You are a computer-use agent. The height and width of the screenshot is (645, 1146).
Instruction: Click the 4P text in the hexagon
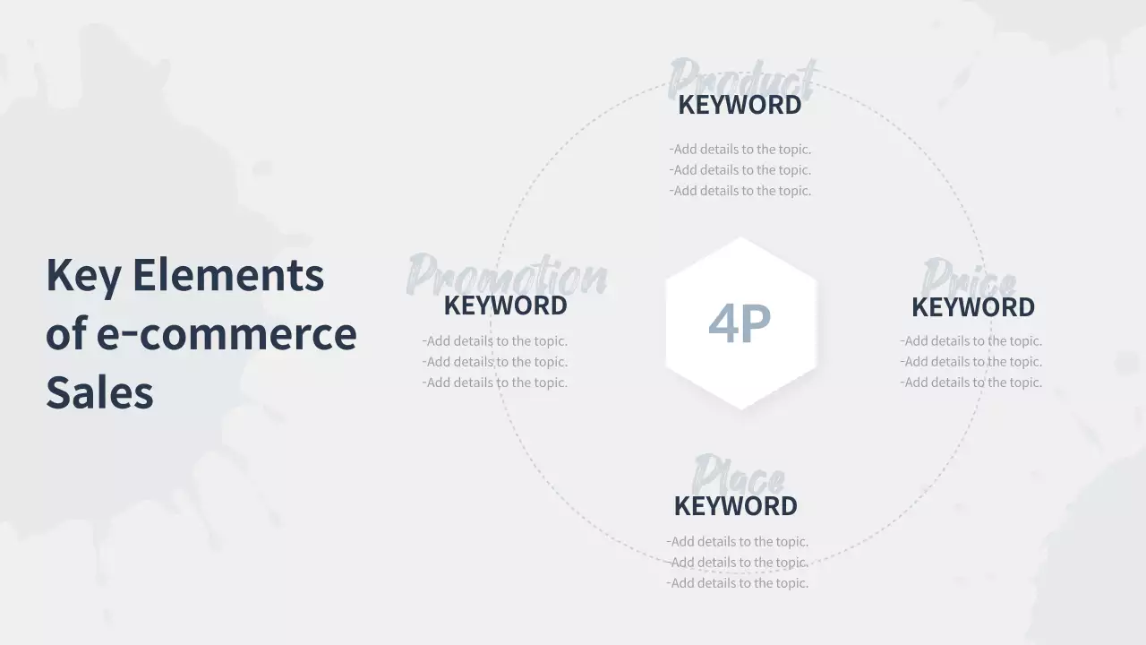(739, 323)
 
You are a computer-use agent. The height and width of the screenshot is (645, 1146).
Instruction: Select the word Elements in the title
(228, 274)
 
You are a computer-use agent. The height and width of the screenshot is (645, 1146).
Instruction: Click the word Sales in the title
(99, 392)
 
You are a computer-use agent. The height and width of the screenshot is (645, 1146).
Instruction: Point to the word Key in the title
(82, 276)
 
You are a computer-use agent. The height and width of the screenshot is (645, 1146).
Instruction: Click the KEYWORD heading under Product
(740, 105)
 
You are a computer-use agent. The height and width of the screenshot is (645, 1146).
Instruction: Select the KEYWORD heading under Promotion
(505, 305)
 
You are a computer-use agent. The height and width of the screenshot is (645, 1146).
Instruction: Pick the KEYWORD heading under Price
(972, 307)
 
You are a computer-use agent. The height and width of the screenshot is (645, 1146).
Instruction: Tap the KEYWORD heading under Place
(735, 506)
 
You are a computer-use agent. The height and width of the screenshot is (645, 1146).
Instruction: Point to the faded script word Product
(742, 77)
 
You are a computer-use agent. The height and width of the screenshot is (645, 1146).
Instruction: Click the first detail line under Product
(740, 150)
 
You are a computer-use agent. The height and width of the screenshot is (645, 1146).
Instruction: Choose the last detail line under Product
(740, 191)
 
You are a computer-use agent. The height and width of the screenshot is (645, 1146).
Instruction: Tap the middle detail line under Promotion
(494, 362)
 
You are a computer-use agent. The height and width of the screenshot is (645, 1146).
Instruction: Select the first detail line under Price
(971, 341)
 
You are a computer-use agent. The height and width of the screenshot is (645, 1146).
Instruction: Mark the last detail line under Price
(971, 383)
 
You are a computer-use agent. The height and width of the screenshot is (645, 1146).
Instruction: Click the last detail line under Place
(737, 583)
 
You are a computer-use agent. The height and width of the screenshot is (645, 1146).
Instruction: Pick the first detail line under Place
(737, 542)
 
